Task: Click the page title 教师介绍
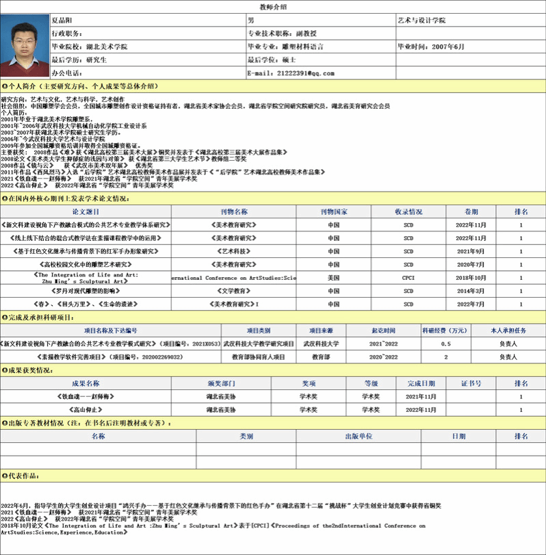[273, 6]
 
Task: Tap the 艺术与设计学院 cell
[421, 20]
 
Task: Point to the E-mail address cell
[291, 73]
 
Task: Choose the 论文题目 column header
[86, 211]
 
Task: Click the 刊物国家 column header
[333, 211]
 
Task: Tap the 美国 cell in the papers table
[333, 277]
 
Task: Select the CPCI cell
[408, 277]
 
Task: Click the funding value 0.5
[445, 344]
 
